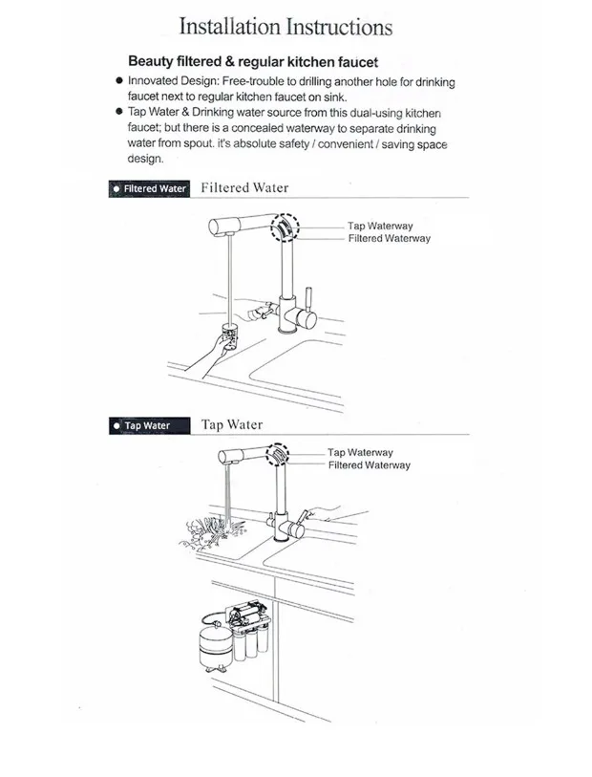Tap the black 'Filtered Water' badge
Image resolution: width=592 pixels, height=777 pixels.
point(150,188)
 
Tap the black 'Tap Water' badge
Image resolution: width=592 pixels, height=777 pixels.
point(150,425)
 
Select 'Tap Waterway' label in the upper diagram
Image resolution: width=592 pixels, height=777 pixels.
point(380,227)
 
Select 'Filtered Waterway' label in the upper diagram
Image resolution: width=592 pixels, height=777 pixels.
point(389,238)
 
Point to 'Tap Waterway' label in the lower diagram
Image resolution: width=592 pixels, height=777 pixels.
point(360,453)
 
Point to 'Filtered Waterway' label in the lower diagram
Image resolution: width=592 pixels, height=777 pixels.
point(369,465)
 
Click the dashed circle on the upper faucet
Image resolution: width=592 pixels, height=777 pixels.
point(285,228)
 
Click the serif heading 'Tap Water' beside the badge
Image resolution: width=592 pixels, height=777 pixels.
point(232,424)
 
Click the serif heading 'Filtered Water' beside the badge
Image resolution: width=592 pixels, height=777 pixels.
point(244,188)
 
